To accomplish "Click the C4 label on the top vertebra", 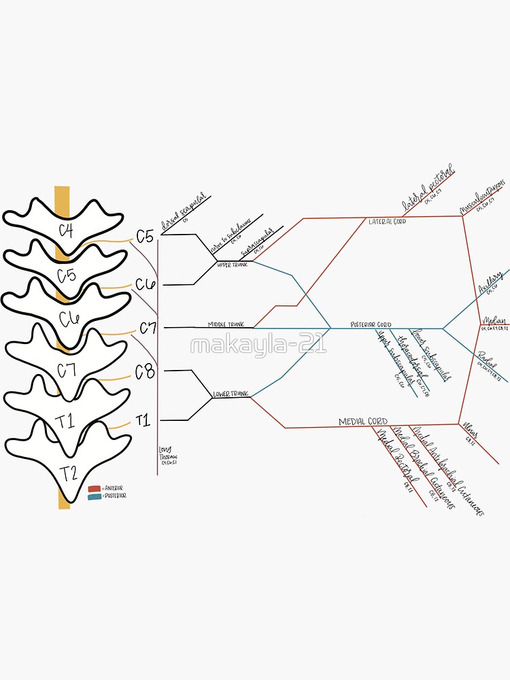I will (66, 230).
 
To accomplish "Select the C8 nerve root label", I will (145, 372).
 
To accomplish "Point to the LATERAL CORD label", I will (387, 222).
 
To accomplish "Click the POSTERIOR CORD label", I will (371, 324).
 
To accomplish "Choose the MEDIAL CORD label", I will (363, 422).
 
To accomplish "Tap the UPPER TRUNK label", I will (233, 264).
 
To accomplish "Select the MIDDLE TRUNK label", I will (226, 324).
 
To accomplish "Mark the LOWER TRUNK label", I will (231, 394).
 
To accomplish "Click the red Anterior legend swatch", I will (94, 488).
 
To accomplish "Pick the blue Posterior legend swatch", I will (94, 496).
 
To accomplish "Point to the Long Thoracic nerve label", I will (167, 455).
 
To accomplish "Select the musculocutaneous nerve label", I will (483, 195).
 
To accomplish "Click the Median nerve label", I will (494, 321).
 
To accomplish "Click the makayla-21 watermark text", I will (258, 345).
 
